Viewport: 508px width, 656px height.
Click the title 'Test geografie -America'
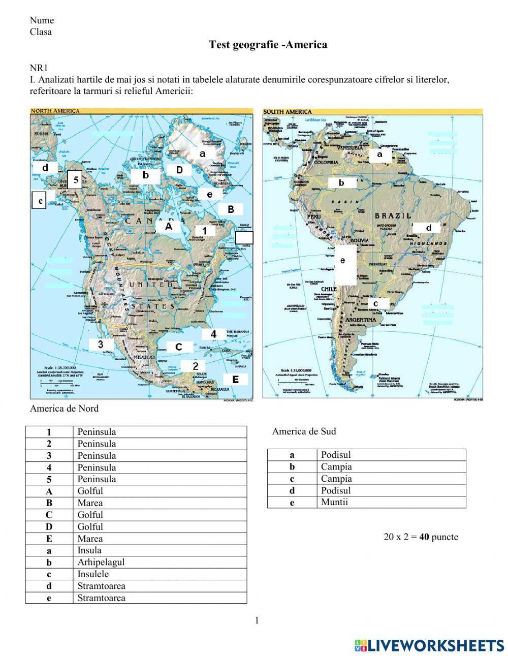pyautogui.click(x=268, y=45)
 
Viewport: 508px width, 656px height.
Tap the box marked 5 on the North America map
pyautogui.click(x=75, y=179)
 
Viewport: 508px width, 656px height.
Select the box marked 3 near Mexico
pyautogui.click(x=101, y=345)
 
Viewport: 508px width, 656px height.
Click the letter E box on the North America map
pyautogui.click(x=235, y=379)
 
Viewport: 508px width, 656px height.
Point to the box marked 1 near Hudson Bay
pyautogui.click(x=205, y=230)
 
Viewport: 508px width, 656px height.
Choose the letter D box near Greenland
pyautogui.click(x=179, y=170)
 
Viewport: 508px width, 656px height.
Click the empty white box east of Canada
pyautogui.click(x=244, y=237)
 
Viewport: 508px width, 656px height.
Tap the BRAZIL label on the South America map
pyautogui.click(x=393, y=215)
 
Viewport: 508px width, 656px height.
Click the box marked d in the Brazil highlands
pyautogui.click(x=428, y=228)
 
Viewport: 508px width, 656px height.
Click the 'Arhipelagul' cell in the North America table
pyautogui.click(x=101, y=562)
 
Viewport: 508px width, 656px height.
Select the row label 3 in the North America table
pyautogui.click(x=49, y=456)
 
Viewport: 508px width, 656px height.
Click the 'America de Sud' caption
pyautogui.click(x=304, y=431)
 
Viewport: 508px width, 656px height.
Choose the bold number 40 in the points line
pyautogui.click(x=424, y=537)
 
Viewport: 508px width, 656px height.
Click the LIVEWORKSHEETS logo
pyautogui.click(x=429, y=645)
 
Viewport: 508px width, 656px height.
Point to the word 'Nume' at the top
pyautogui.click(x=42, y=20)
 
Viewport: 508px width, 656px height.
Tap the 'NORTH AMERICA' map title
pyautogui.click(x=55, y=111)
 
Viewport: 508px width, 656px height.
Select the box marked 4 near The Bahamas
pyautogui.click(x=214, y=334)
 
